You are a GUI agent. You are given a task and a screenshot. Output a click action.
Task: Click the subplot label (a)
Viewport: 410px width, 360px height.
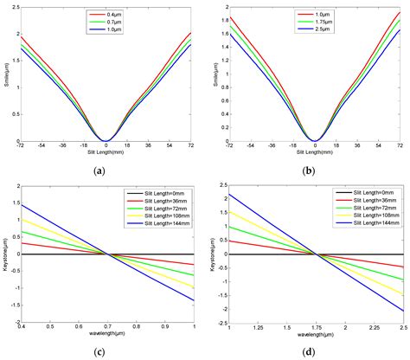(x=106, y=171)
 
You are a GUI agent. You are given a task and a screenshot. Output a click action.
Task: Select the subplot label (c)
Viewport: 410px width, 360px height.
(x=106, y=348)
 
